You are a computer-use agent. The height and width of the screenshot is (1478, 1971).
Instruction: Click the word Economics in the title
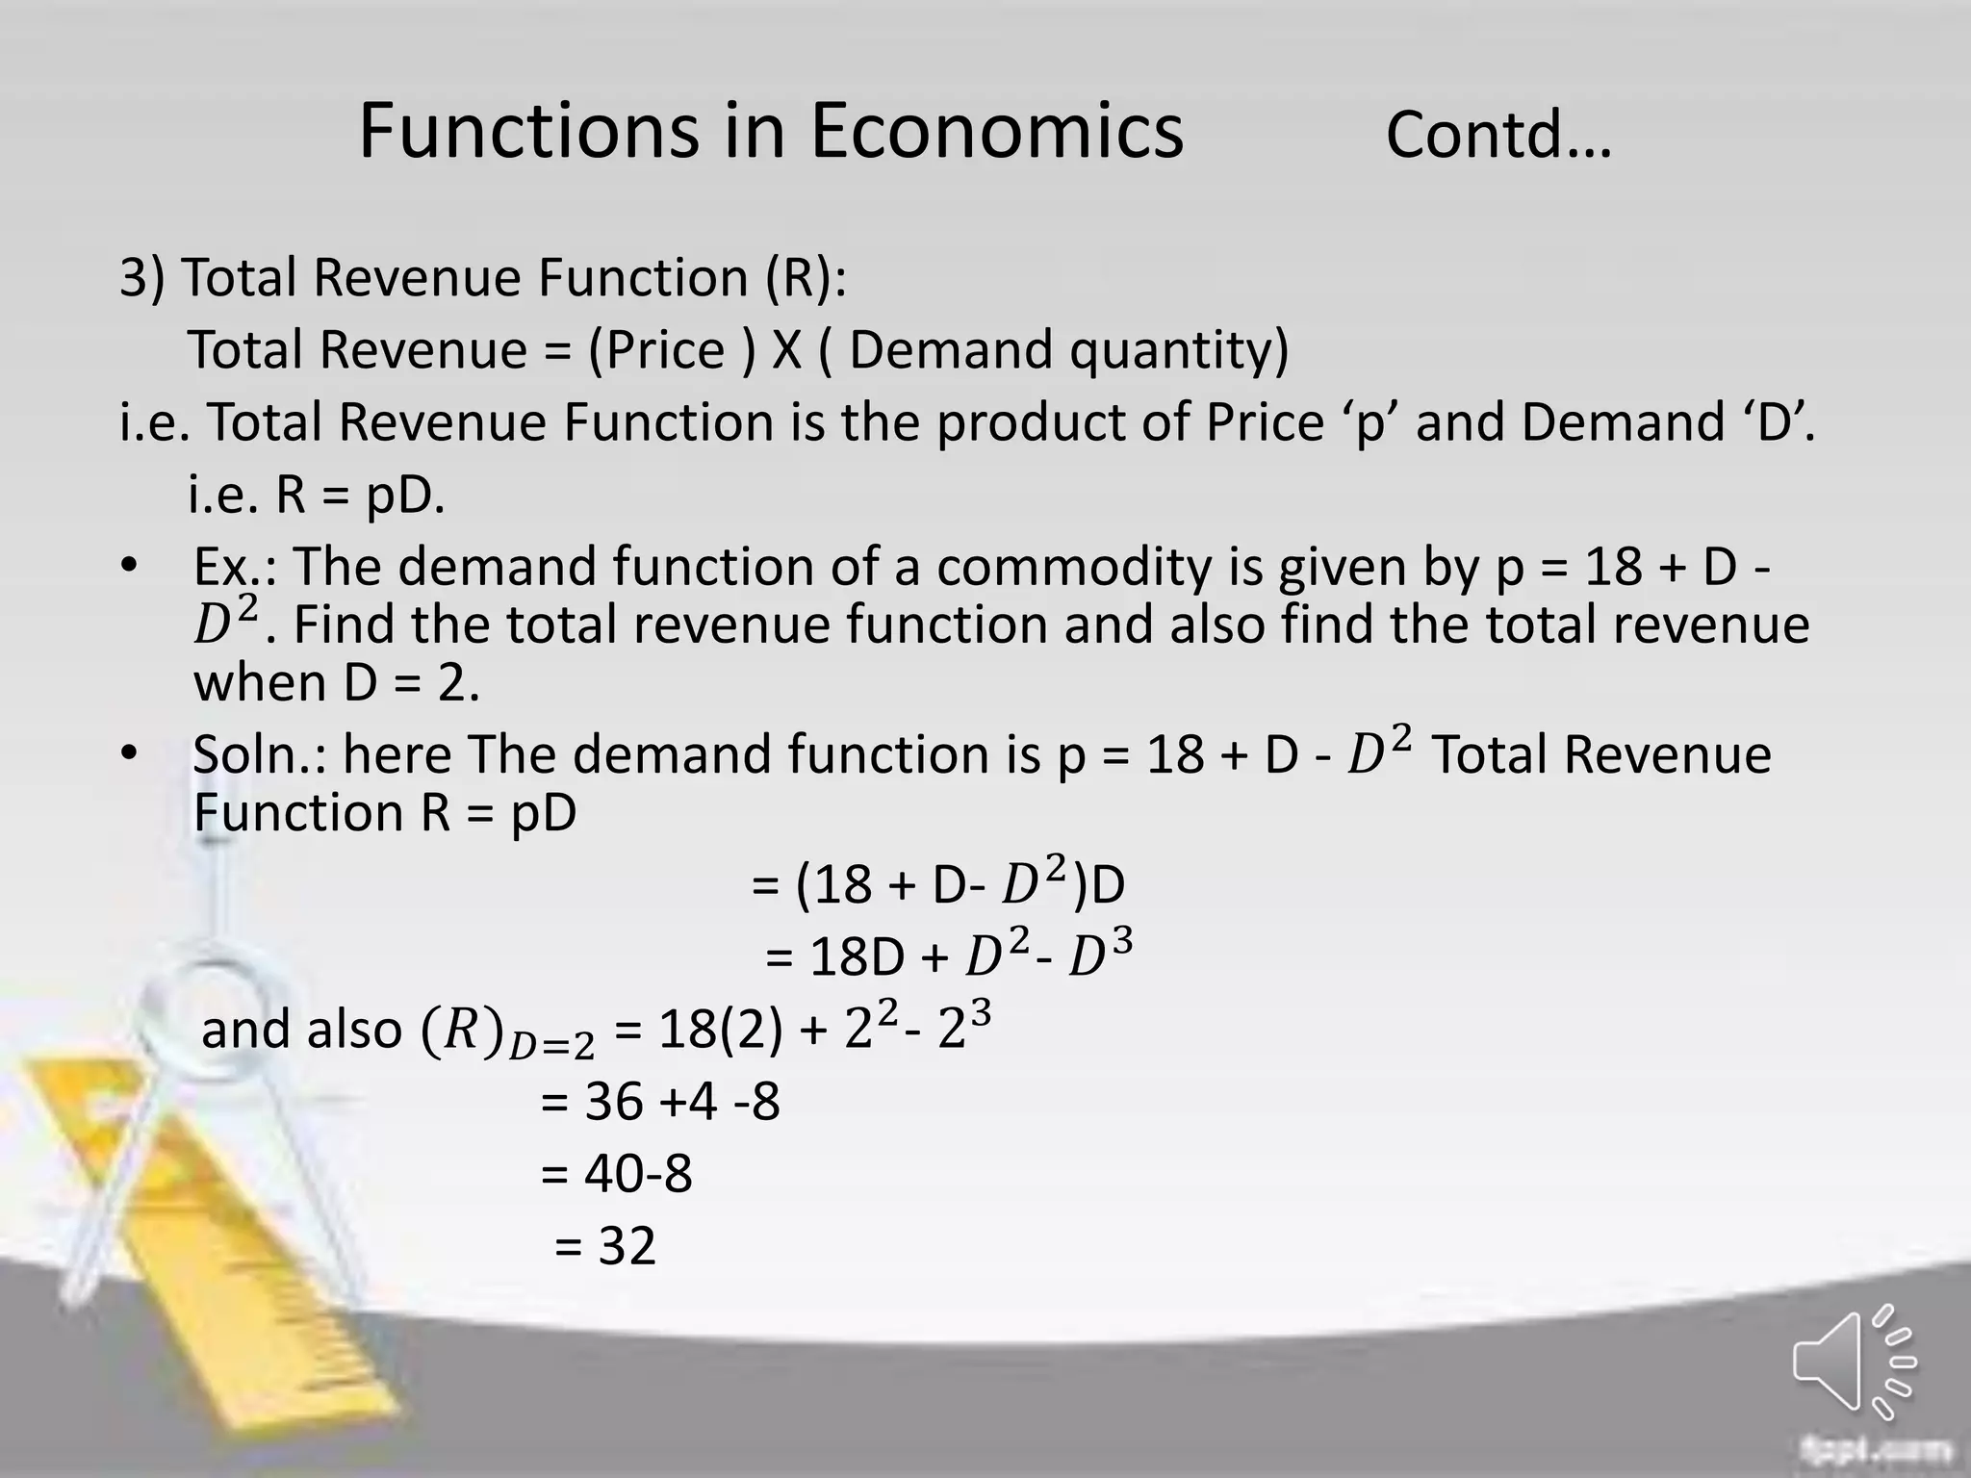point(996,131)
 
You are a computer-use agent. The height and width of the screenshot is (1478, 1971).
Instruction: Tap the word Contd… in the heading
point(1497,135)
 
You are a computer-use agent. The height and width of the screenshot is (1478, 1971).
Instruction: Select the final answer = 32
point(605,1246)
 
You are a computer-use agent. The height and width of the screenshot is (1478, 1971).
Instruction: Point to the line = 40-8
point(617,1174)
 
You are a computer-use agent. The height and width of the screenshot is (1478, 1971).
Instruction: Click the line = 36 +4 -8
point(660,1101)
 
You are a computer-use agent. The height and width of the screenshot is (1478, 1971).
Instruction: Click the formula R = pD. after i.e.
point(360,497)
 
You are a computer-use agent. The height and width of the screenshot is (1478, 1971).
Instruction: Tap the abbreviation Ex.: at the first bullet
point(235,567)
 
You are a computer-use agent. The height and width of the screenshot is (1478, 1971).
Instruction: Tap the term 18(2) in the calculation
point(720,1030)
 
